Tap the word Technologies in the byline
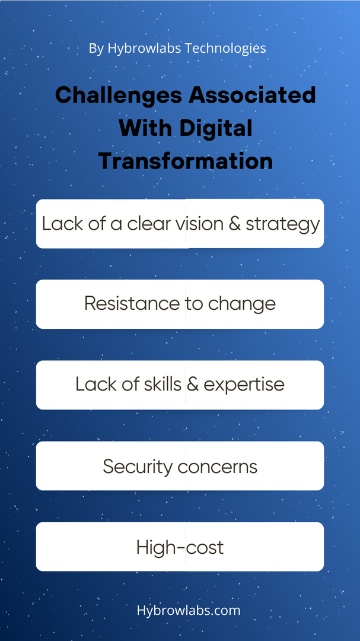point(225,48)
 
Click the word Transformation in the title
point(186,161)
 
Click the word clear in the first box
point(148,224)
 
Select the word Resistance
point(132,304)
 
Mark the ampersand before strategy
point(234,224)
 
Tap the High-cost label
point(180,547)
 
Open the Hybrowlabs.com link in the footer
point(189,610)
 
